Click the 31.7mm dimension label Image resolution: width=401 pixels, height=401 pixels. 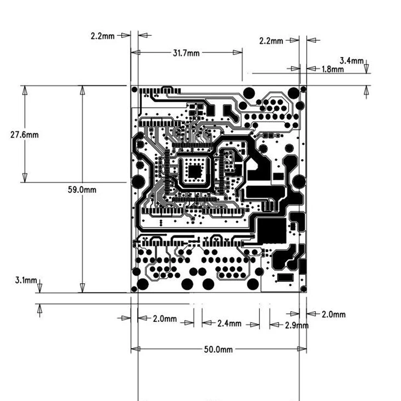click(186, 53)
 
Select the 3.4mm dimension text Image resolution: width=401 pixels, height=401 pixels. click(352, 61)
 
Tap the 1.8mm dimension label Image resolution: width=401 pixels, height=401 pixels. click(333, 69)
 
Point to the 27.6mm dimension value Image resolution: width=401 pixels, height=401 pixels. click(24, 135)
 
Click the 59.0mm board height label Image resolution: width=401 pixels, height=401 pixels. click(82, 190)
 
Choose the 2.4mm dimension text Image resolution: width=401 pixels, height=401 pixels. click(230, 323)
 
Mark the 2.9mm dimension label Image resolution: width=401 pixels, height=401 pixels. click(297, 325)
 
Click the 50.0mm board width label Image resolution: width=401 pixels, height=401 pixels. click(218, 349)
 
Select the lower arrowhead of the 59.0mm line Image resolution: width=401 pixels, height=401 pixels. click(82, 288)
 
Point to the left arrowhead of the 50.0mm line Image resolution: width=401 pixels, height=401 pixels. click(136, 349)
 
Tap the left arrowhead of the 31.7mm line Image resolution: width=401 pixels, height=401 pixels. click(136, 52)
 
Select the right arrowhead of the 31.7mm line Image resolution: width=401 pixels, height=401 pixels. click(238, 52)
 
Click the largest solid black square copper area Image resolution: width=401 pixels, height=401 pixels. click(271, 231)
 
